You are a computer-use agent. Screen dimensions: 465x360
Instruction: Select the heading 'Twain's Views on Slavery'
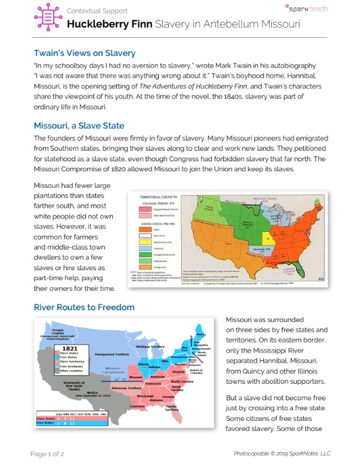tap(84, 54)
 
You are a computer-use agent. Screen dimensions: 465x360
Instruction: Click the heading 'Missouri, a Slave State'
tap(79, 125)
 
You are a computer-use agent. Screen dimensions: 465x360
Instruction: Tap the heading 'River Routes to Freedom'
tap(84, 307)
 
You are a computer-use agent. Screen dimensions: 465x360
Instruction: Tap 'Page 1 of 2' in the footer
tap(52, 453)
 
